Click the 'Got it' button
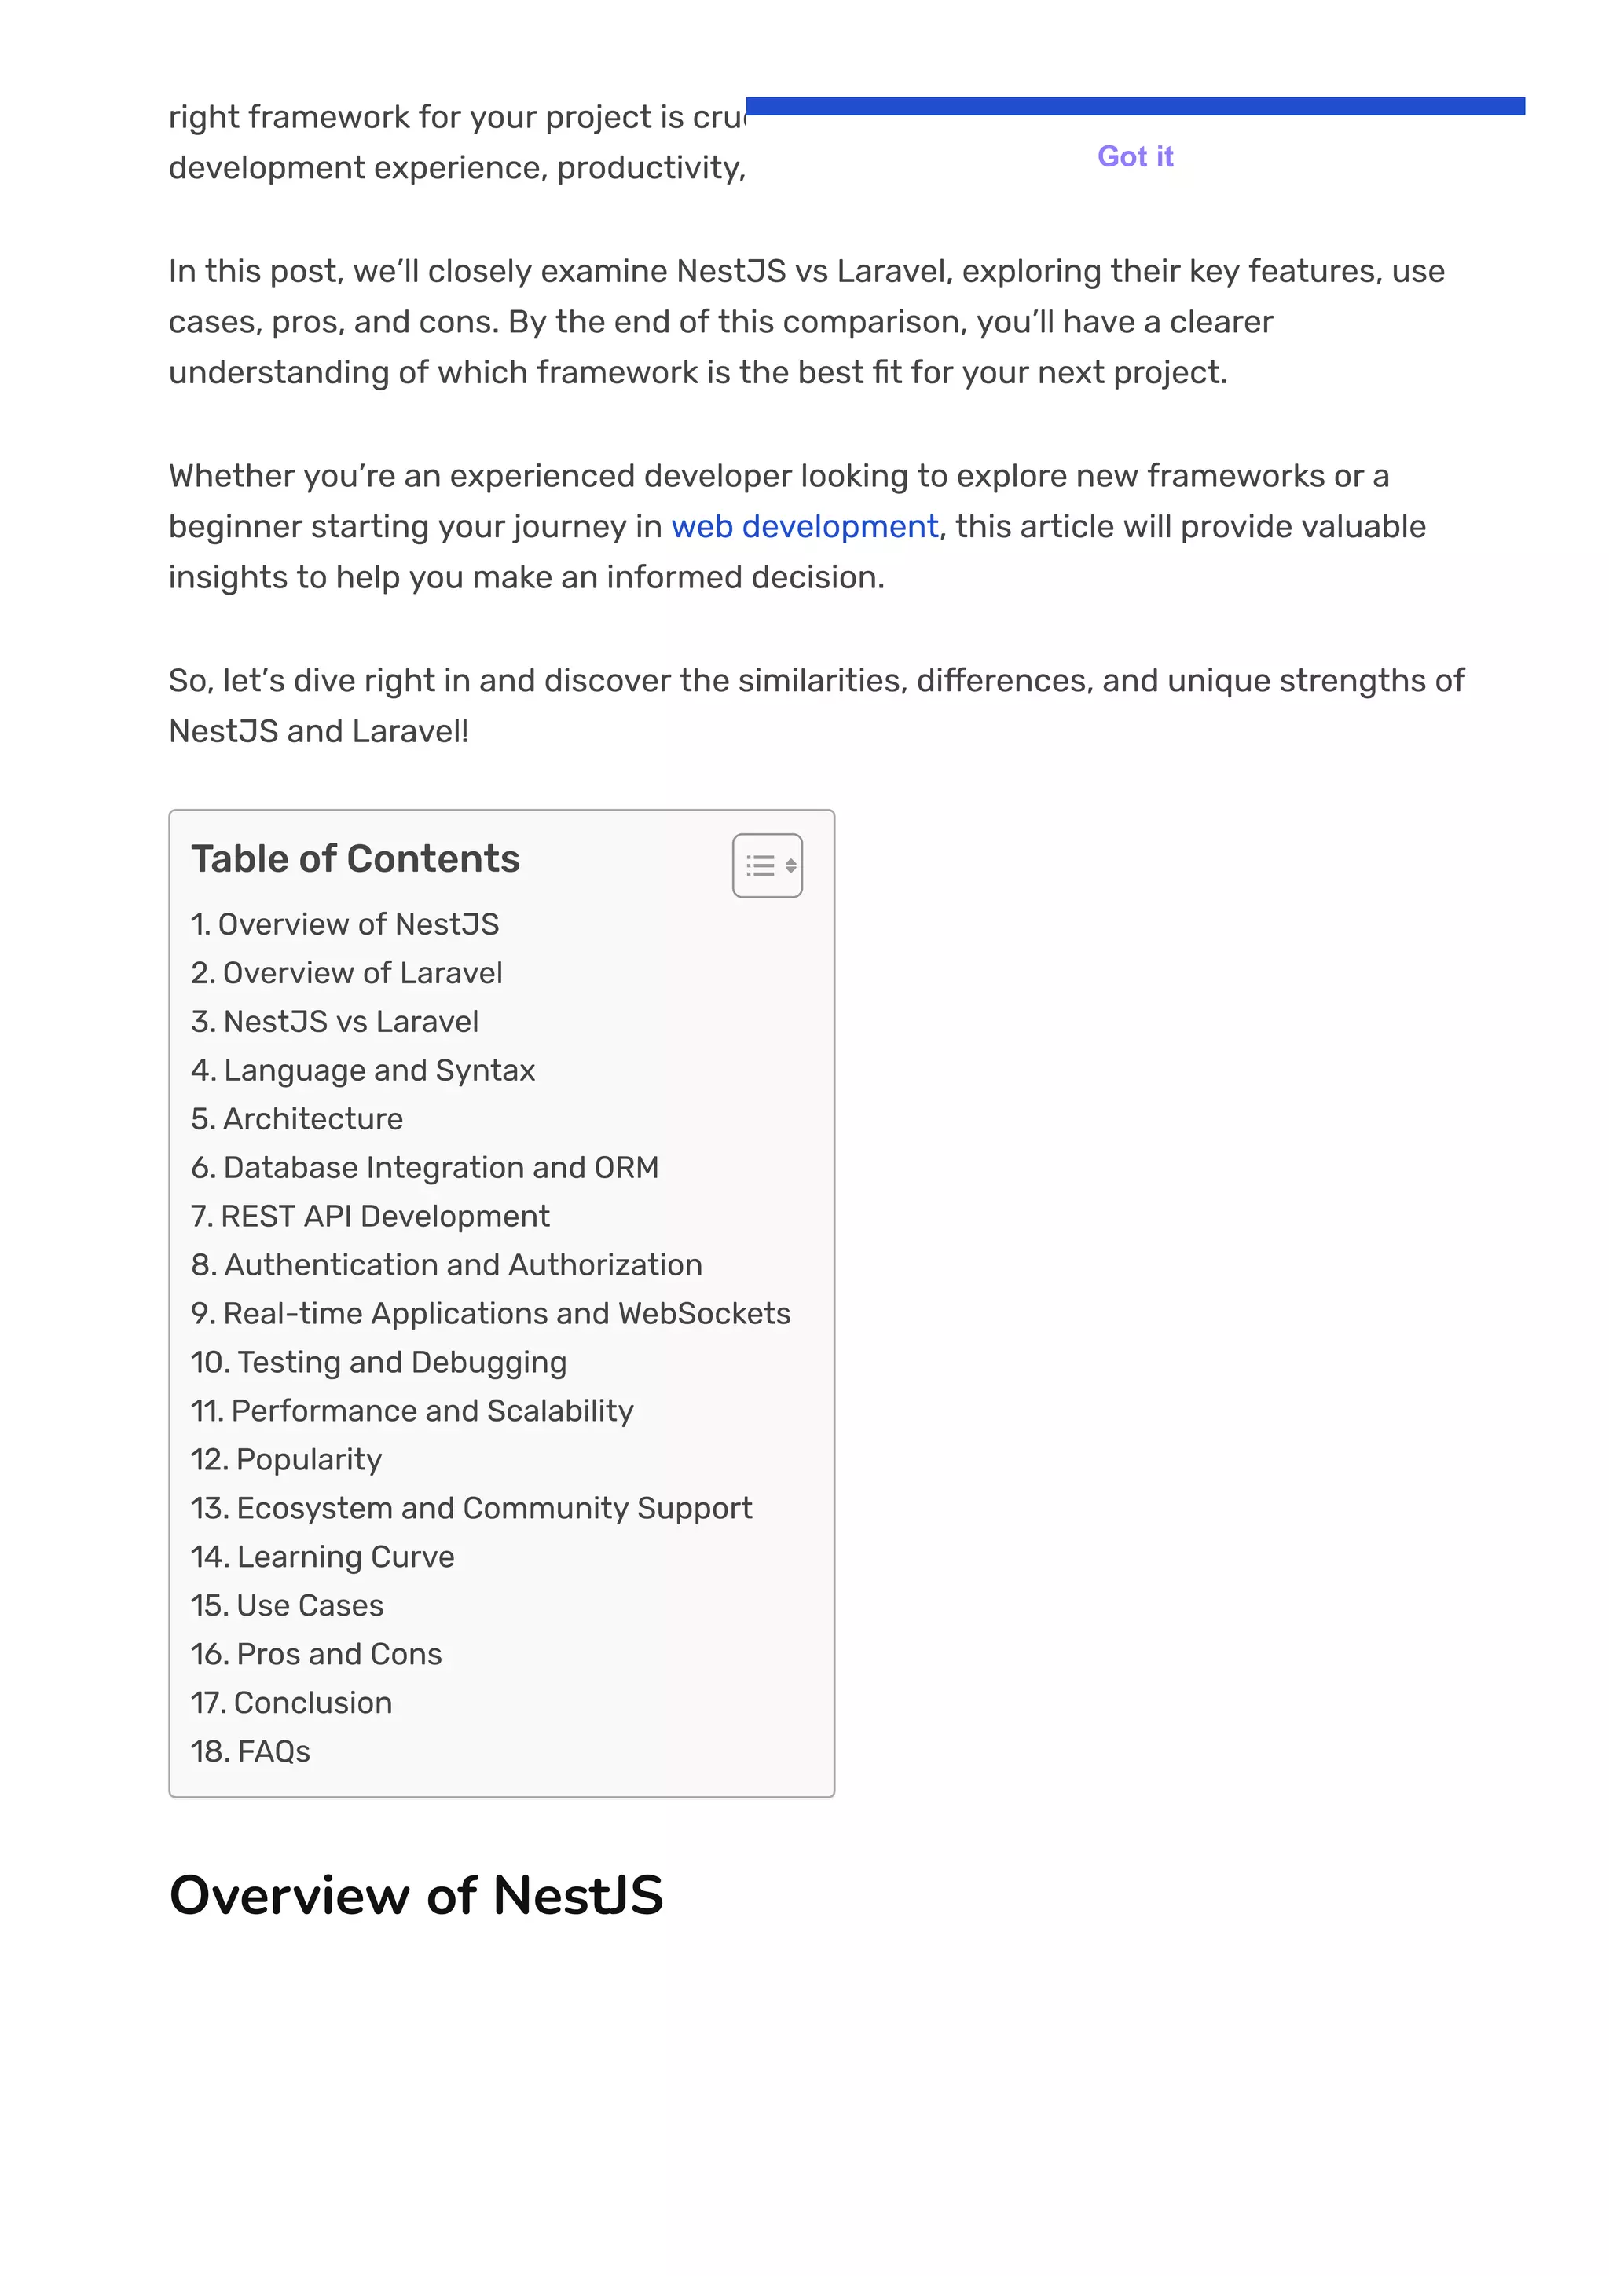(x=1134, y=156)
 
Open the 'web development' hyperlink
(x=804, y=526)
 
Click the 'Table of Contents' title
(x=355, y=858)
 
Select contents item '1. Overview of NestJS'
(x=345, y=924)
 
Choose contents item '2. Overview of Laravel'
(x=347, y=972)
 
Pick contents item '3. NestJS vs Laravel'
(x=335, y=1021)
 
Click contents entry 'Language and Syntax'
(x=363, y=1070)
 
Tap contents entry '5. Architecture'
(x=298, y=1118)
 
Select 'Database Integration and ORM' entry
(x=424, y=1167)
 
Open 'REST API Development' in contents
(x=370, y=1215)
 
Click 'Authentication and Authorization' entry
(x=446, y=1264)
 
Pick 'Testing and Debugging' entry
(x=379, y=1361)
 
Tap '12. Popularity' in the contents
(x=287, y=1459)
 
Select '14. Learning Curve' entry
(x=322, y=1557)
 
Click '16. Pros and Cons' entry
(x=317, y=1653)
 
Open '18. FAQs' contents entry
(x=251, y=1751)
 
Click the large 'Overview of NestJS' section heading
(x=416, y=1894)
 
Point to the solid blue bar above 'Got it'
(x=1134, y=106)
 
